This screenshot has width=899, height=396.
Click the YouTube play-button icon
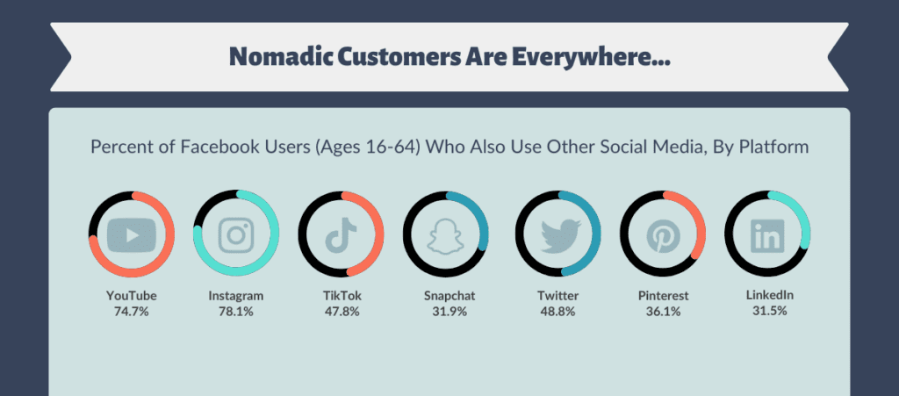132,235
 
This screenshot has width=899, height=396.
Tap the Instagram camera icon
236,235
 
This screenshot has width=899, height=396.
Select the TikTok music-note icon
342,235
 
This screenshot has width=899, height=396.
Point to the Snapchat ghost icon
445,235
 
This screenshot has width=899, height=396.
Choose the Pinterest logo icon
664,235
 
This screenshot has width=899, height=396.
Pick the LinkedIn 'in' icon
767,235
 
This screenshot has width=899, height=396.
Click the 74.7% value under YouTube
132,313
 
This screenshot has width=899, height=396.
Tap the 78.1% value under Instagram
235,313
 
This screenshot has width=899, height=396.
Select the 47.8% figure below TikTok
342,313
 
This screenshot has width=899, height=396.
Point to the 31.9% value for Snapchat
449,313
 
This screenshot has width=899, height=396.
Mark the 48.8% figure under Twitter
557,313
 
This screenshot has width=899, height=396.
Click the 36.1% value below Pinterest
664,313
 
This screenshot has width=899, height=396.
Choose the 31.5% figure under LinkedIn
769,311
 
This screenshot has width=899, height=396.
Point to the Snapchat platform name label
449,296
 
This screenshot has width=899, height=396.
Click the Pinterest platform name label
664,296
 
